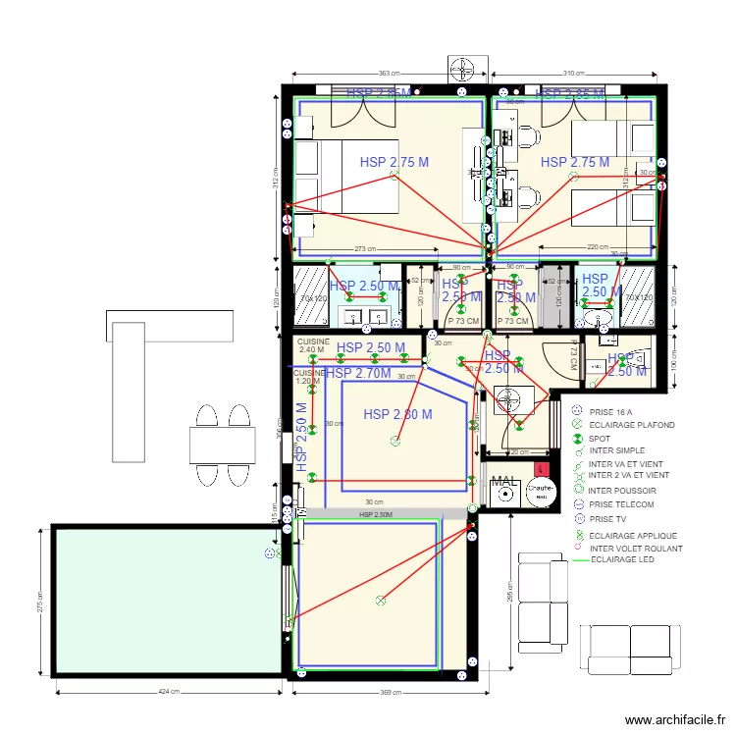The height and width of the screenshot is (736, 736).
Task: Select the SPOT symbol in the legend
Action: [x=578, y=438]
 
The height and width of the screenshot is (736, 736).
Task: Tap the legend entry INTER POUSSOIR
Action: [x=622, y=490]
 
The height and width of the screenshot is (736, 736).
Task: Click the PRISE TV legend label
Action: [x=607, y=518]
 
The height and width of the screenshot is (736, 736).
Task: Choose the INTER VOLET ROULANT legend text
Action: [x=635, y=549]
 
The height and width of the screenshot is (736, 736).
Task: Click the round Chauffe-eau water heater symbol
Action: [x=541, y=492]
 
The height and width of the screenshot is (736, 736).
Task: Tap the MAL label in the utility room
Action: [x=504, y=482]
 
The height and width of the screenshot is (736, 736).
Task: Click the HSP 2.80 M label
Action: [x=397, y=415]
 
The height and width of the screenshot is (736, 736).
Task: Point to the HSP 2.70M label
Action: [x=358, y=374]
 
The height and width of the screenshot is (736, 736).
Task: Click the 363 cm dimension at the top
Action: [x=390, y=74]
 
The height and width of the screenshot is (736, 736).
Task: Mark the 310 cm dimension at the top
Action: [x=575, y=74]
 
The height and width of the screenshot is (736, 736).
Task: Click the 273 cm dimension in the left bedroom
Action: [x=367, y=249]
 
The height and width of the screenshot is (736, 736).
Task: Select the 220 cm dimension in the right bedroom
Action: [x=599, y=247]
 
